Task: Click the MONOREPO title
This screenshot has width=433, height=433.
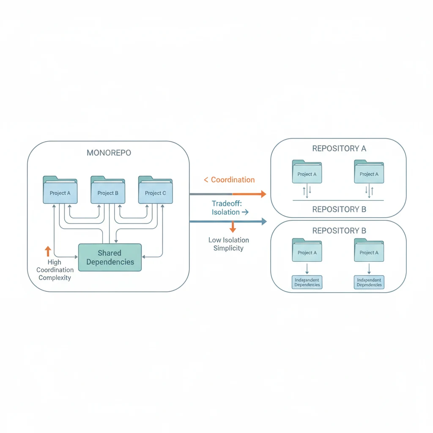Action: [x=109, y=153]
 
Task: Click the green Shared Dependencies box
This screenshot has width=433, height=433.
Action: [x=110, y=258]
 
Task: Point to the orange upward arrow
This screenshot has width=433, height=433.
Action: [x=48, y=252]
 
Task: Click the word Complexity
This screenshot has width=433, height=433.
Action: [x=55, y=278]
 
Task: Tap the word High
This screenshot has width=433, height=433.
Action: [x=54, y=262]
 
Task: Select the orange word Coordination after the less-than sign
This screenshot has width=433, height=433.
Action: [x=233, y=180]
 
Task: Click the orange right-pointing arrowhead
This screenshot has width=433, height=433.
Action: [x=263, y=194]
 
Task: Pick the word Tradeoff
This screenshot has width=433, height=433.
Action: [x=226, y=203]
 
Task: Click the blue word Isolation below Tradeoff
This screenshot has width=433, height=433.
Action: [x=225, y=212]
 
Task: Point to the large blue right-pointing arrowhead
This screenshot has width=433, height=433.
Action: [x=264, y=221]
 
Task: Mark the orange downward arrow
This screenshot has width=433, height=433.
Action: [x=232, y=228]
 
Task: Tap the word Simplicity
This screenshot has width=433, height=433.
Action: [x=228, y=248]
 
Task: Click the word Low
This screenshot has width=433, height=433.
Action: [x=215, y=240]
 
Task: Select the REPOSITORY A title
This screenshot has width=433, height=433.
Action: [x=339, y=148]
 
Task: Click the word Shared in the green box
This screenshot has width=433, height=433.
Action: [x=109, y=253]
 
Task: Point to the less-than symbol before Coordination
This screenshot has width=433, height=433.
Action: [x=206, y=180]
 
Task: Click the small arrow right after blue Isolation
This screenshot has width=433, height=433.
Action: [x=244, y=212]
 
